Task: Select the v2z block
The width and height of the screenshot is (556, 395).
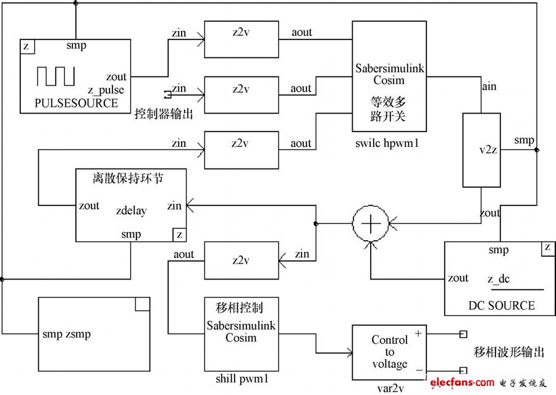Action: [481, 150]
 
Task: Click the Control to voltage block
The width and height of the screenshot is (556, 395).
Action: [389, 352]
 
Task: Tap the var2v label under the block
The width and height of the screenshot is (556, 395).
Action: [389, 388]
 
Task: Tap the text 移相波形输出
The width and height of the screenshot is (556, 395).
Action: [509, 352]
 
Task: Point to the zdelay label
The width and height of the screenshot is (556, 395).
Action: [131, 211]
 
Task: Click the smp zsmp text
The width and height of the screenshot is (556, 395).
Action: [67, 335]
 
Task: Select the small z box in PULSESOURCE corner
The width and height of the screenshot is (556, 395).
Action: [27, 46]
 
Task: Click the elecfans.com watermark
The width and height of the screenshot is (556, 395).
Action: [454, 383]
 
